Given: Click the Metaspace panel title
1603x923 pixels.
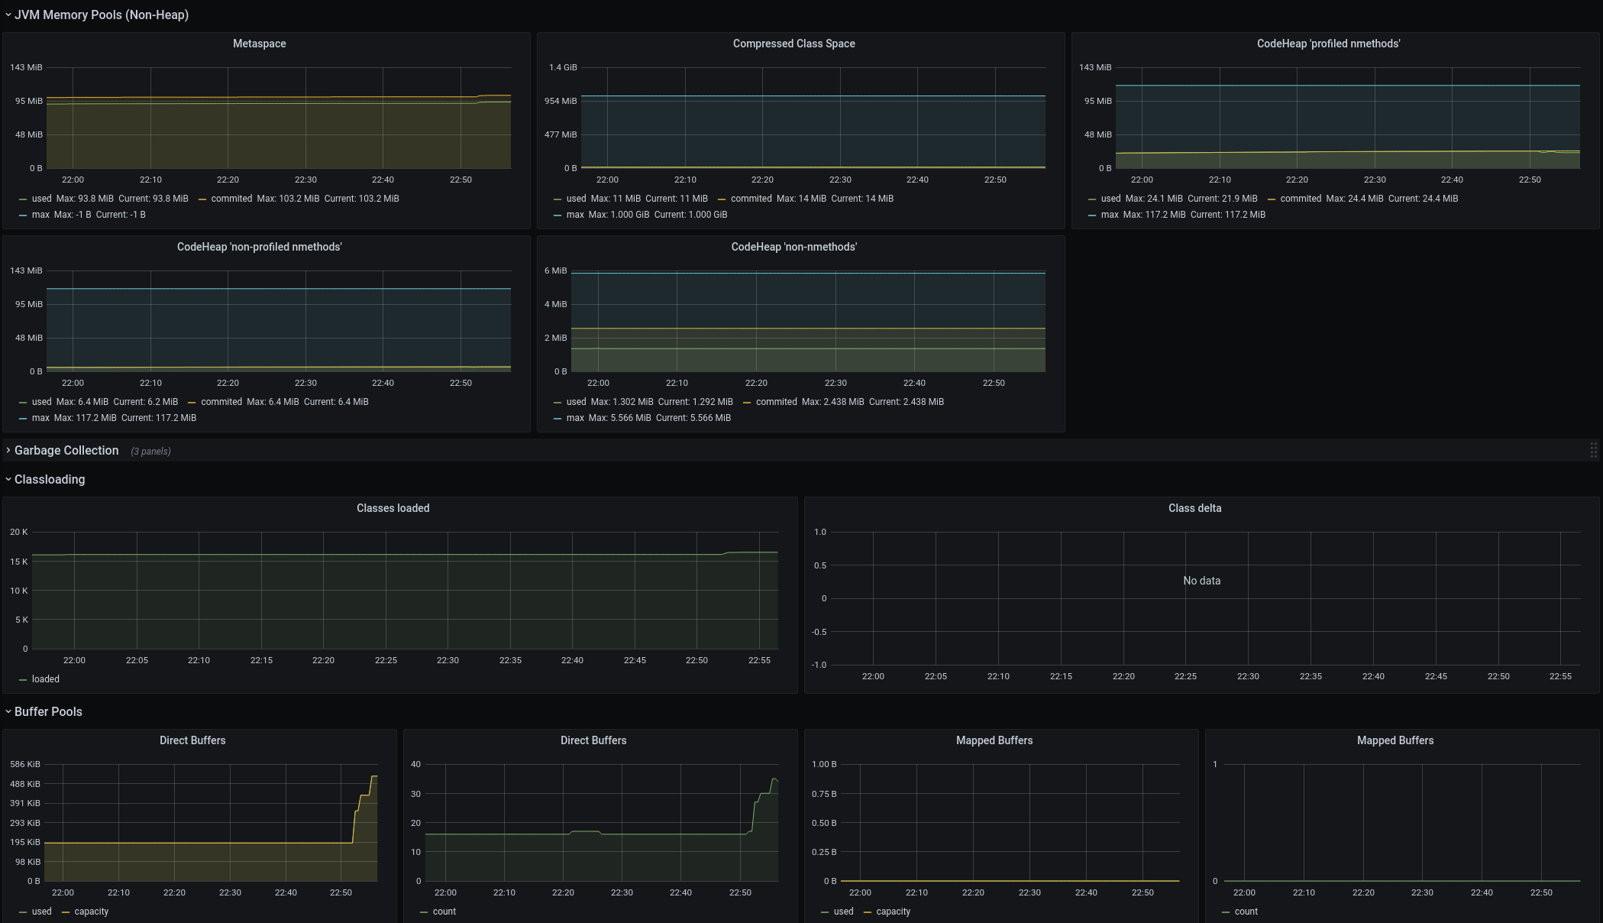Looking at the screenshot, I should point(259,44).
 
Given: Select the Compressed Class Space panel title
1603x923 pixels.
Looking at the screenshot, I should point(793,44).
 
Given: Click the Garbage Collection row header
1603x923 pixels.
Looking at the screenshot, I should point(66,451).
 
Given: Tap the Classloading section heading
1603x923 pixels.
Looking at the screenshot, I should point(50,480).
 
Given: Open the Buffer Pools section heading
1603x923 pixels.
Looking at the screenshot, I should point(48,712).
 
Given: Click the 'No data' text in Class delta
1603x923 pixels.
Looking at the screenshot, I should point(1201,581).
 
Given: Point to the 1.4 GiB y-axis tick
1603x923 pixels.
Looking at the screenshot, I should point(563,67).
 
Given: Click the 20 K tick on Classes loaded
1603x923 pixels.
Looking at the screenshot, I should point(19,532).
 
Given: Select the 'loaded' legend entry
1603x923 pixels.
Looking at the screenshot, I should point(45,679).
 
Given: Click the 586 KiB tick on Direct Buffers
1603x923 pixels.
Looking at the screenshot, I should point(25,764).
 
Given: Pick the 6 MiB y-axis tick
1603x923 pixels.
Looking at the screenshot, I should point(555,270).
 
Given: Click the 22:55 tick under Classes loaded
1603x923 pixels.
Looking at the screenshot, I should point(759,660).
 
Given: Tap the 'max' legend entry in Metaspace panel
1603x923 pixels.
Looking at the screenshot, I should point(40,215).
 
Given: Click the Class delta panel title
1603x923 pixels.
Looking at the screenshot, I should point(1194,508).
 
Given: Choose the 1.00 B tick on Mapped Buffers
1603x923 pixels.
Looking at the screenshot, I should point(824,764).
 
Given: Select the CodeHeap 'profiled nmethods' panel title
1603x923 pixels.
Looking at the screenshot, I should point(1328,44).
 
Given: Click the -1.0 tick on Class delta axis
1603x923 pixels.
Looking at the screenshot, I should point(819,665).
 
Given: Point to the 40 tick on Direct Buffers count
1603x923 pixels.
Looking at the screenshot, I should point(415,764).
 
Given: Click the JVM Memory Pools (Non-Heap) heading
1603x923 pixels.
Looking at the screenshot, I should point(102,15).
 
